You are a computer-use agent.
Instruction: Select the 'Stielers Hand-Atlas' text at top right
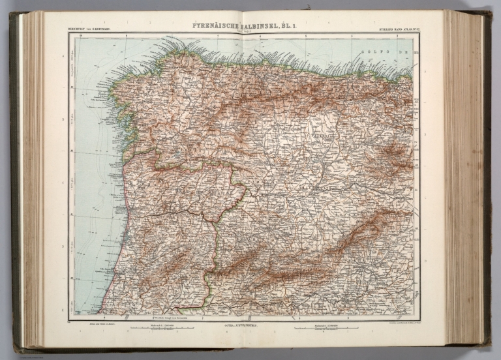tap(396, 29)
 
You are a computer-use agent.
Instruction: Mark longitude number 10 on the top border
tap(80, 35)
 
